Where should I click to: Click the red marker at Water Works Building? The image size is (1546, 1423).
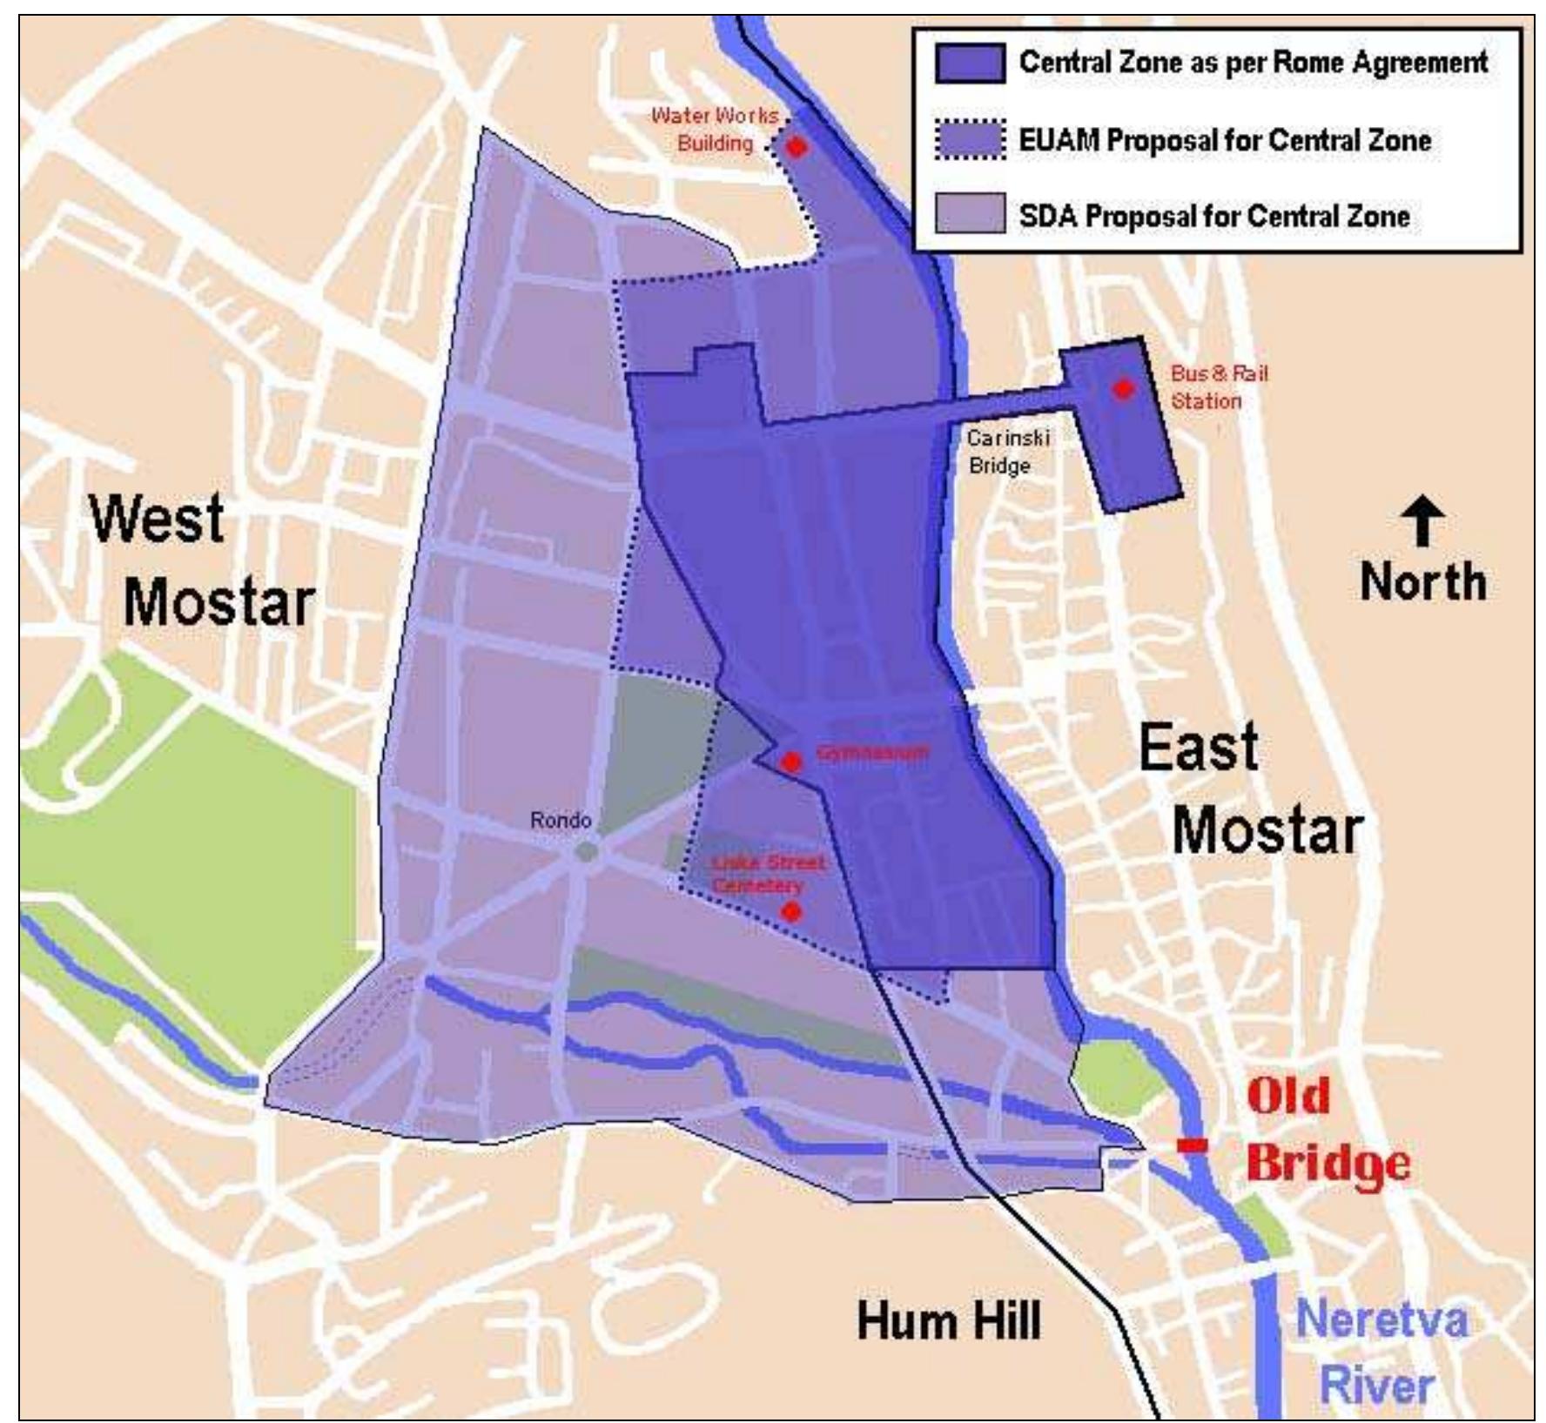[x=796, y=147]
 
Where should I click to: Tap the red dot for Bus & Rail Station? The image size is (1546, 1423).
[x=1123, y=388]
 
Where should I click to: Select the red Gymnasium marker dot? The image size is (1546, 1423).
[x=790, y=762]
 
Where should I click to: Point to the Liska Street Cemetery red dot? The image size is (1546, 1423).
[x=791, y=911]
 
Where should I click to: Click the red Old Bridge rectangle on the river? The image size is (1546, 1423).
[x=1192, y=1145]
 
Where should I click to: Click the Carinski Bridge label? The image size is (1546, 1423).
[x=1007, y=452]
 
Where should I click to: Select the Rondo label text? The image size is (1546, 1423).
[x=561, y=820]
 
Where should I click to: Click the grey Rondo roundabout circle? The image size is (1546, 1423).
[x=587, y=850]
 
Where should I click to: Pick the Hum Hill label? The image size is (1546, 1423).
[x=948, y=1321]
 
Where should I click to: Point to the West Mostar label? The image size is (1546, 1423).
[x=200, y=561]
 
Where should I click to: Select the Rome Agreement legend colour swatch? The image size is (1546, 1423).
[x=970, y=64]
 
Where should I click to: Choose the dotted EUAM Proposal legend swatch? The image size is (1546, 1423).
[x=970, y=140]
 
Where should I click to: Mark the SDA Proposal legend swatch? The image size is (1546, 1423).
[x=970, y=214]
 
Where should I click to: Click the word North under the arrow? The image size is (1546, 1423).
[x=1422, y=581]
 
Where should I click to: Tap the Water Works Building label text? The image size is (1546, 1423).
[x=714, y=129]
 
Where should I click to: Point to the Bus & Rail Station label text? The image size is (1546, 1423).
[x=1218, y=387]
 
